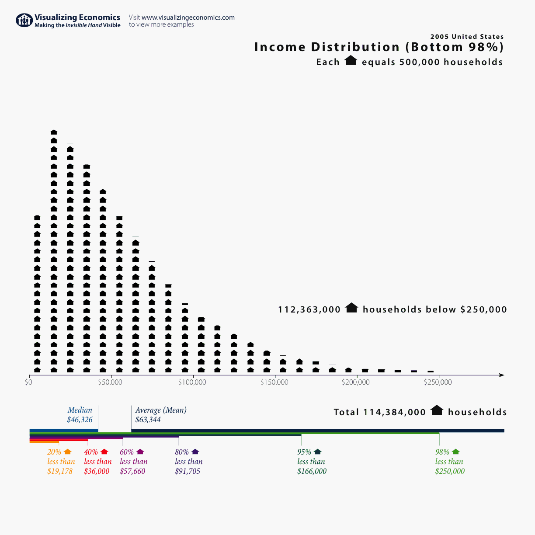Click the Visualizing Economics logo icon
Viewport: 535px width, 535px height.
(x=24, y=20)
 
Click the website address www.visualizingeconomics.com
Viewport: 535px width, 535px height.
(x=188, y=17)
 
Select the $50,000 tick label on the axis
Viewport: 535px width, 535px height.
(x=110, y=382)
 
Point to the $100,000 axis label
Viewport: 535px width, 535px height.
(x=192, y=382)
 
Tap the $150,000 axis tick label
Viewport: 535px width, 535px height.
(x=274, y=382)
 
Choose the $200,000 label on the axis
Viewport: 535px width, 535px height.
(x=356, y=382)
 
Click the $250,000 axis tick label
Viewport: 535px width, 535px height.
(x=438, y=382)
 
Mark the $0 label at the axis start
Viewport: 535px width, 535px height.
(x=29, y=382)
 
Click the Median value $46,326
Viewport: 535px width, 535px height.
(x=80, y=420)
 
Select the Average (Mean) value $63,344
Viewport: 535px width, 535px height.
(x=148, y=420)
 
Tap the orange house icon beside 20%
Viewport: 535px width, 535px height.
(x=67, y=452)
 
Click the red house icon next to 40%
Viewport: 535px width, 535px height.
(x=104, y=452)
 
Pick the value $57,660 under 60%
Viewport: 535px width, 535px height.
(x=132, y=471)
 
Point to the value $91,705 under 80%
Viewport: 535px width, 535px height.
(x=188, y=471)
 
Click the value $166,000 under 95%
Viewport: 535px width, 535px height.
(x=312, y=471)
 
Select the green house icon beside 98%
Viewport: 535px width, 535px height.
(x=455, y=452)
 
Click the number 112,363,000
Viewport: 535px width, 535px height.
(x=309, y=309)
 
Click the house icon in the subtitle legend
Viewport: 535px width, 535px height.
(x=351, y=61)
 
